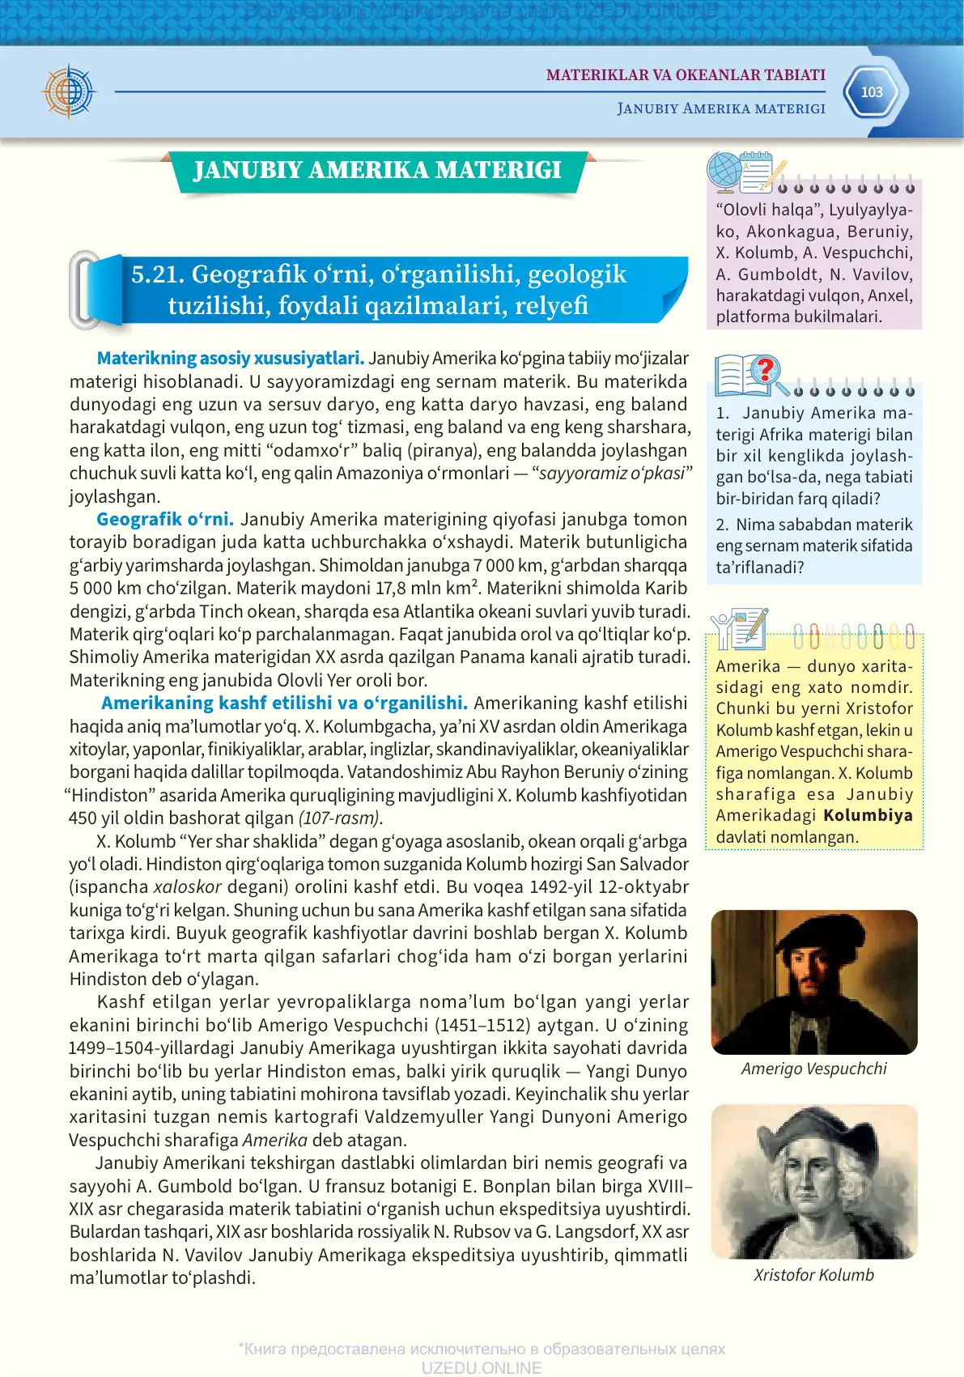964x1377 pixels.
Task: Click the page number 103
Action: [871, 92]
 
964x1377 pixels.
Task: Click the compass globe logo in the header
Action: [70, 91]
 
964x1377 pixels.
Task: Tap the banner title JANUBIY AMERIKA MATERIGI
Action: [377, 170]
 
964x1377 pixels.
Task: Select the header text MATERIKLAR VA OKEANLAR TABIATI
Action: [686, 75]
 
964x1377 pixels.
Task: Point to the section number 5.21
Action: [158, 274]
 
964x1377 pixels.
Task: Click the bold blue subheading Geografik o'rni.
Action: [165, 519]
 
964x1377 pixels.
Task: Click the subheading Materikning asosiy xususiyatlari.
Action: [231, 358]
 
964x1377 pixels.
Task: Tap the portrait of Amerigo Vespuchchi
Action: [813, 981]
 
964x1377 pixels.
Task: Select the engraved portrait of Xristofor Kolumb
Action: [813, 1182]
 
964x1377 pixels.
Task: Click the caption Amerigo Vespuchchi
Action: [813, 1069]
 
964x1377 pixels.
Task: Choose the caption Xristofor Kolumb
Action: [813, 1275]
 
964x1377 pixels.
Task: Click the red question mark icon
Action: [765, 371]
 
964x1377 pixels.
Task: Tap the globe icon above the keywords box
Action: [724, 171]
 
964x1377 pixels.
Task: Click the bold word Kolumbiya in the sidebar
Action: [868, 815]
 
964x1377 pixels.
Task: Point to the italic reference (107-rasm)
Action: [340, 818]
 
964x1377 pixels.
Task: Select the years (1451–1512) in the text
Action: [483, 1025]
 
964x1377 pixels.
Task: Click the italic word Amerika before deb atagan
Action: [275, 1140]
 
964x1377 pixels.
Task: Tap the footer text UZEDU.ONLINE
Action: [481, 1367]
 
